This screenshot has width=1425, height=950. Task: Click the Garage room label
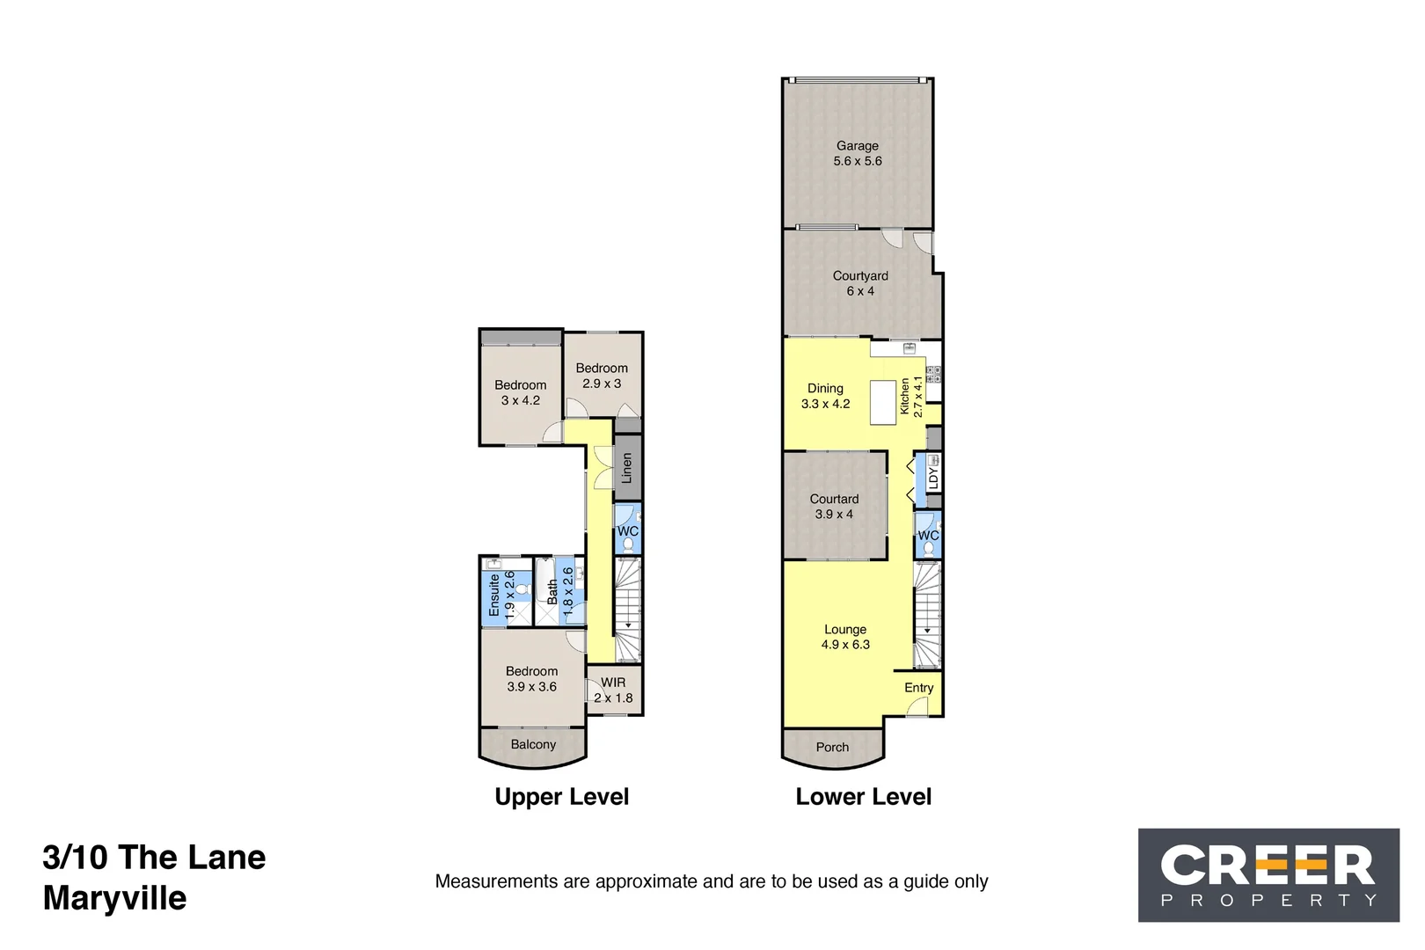click(857, 146)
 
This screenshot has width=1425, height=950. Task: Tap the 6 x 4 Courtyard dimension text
click(860, 291)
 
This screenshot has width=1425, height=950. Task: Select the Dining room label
click(825, 388)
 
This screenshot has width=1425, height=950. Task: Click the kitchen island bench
click(882, 402)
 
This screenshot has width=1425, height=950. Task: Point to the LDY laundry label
click(932, 479)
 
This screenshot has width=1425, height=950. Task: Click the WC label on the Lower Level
click(928, 535)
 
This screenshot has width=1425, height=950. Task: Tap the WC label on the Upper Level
click(627, 531)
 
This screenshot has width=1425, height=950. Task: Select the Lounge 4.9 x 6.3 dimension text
click(845, 645)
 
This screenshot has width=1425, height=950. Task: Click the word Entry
click(918, 688)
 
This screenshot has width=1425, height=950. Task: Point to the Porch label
click(832, 747)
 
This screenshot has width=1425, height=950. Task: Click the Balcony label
click(533, 744)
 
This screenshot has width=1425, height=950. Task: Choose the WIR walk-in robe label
click(613, 683)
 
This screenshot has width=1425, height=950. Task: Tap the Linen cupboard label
click(627, 468)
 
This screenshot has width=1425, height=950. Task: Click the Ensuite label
click(494, 595)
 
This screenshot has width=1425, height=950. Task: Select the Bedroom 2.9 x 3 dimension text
click(602, 384)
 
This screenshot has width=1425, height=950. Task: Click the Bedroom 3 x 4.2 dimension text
click(521, 400)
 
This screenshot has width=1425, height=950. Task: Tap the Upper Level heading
click(561, 797)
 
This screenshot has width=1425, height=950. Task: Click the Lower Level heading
click(863, 797)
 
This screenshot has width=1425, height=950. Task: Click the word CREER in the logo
click(1267, 866)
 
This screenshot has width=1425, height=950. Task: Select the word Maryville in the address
click(114, 898)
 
